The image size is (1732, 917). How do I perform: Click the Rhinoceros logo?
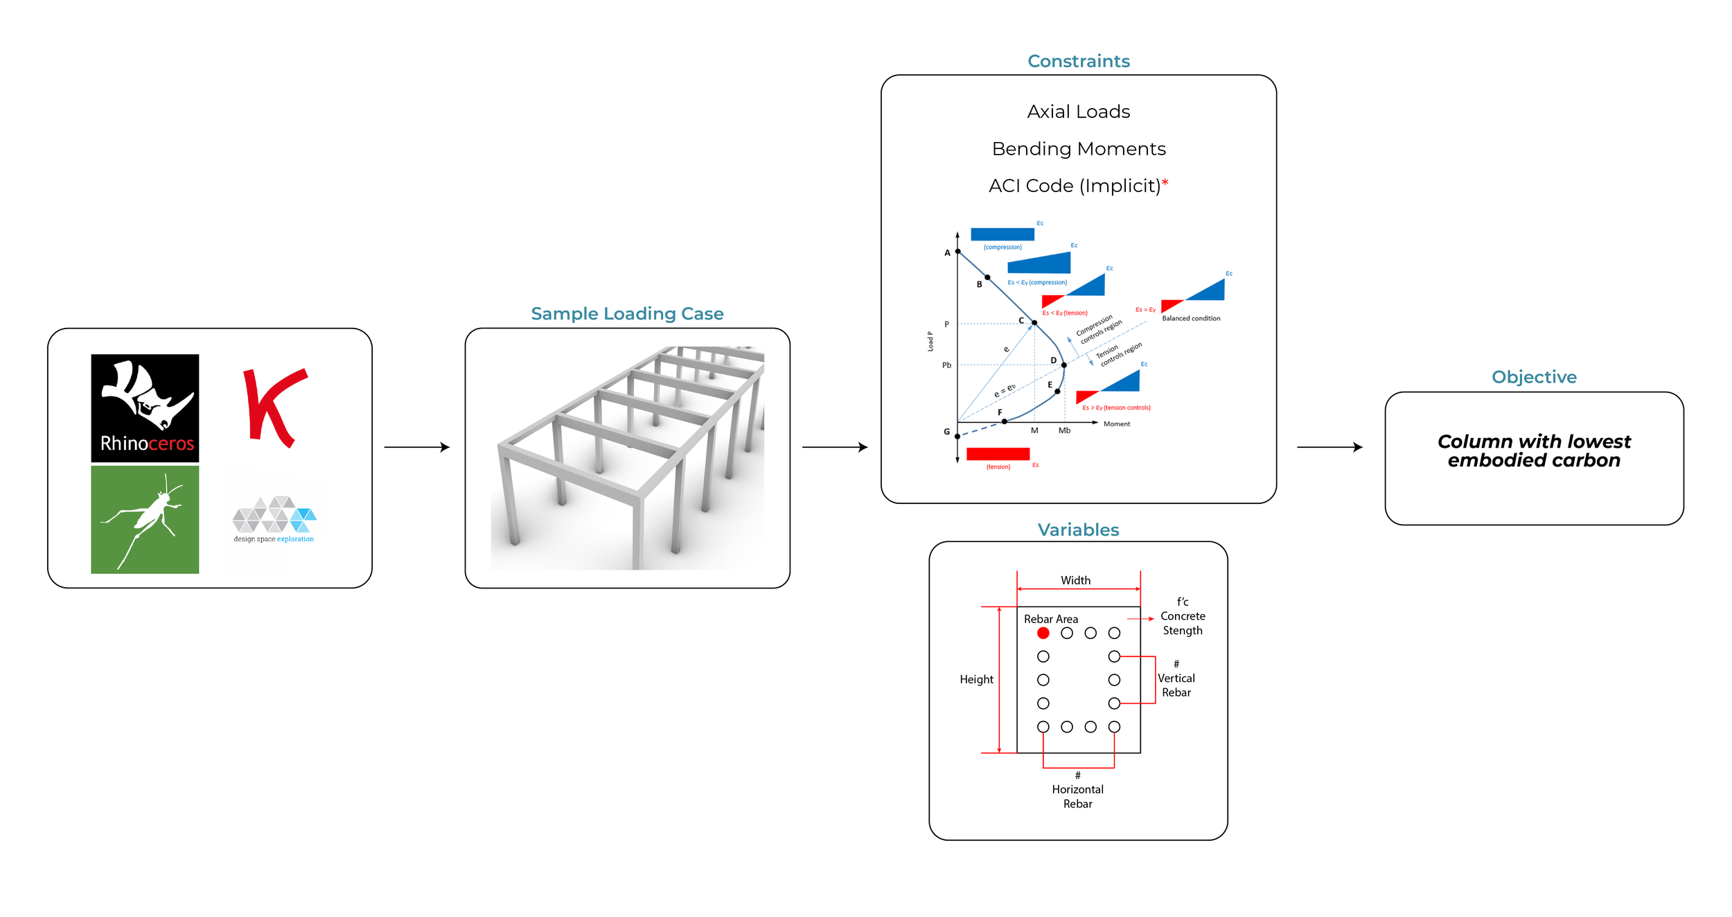click(145, 408)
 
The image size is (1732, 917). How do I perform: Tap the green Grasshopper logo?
click(145, 519)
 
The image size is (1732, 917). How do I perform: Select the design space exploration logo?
click(274, 519)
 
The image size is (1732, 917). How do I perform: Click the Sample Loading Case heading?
click(626, 313)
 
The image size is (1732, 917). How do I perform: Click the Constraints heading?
click(1078, 61)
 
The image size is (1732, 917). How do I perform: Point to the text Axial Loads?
click(1078, 112)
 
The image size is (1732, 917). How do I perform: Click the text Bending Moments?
click(1078, 149)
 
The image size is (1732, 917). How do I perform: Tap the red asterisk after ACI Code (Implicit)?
click(1165, 183)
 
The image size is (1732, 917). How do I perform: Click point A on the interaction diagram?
click(957, 252)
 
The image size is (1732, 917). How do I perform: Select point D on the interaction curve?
click(1063, 365)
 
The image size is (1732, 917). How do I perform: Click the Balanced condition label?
click(1190, 318)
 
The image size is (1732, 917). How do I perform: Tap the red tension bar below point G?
click(998, 453)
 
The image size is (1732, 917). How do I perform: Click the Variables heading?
click(1078, 530)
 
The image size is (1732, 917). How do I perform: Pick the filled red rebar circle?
click(1043, 633)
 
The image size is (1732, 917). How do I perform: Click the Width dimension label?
click(1075, 580)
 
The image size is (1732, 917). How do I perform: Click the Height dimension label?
click(975, 679)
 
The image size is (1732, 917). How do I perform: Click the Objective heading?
click(1533, 377)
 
